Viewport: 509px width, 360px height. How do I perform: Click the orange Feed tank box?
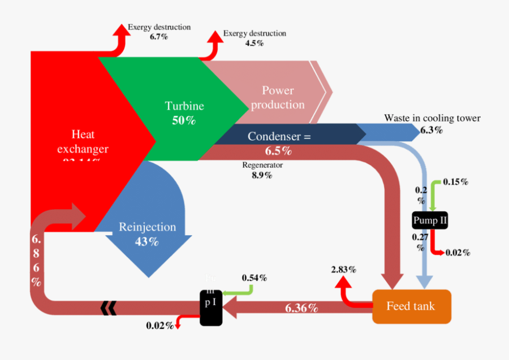coord(411,306)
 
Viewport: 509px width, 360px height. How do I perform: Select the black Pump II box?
coord(430,220)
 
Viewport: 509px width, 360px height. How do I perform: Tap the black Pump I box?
coord(211,307)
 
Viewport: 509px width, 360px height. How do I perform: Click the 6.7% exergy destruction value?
coord(159,36)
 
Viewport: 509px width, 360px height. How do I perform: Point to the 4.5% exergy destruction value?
coord(254,43)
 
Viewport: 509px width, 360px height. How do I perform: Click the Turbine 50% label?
coord(184,112)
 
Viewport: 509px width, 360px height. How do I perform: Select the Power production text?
coord(278,98)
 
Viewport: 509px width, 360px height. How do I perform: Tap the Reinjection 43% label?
coord(147,234)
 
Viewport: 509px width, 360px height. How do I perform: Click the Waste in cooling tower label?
coord(432,118)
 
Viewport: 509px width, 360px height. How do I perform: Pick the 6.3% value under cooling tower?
coord(432,130)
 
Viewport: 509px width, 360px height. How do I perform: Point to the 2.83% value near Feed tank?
coord(343,269)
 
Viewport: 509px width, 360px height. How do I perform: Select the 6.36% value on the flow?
coord(301,308)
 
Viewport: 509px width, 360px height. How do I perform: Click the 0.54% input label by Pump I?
coord(255,277)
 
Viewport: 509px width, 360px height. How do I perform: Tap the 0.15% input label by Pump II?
coord(455,181)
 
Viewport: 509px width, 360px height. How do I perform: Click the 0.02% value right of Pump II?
coord(458,252)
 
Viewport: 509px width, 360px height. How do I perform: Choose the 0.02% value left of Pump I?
coord(159,325)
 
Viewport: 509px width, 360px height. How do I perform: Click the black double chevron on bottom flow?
coord(108,307)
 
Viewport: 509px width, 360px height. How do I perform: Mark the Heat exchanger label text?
coord(83,142)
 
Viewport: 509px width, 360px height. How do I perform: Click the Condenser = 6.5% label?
coord(279,144)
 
